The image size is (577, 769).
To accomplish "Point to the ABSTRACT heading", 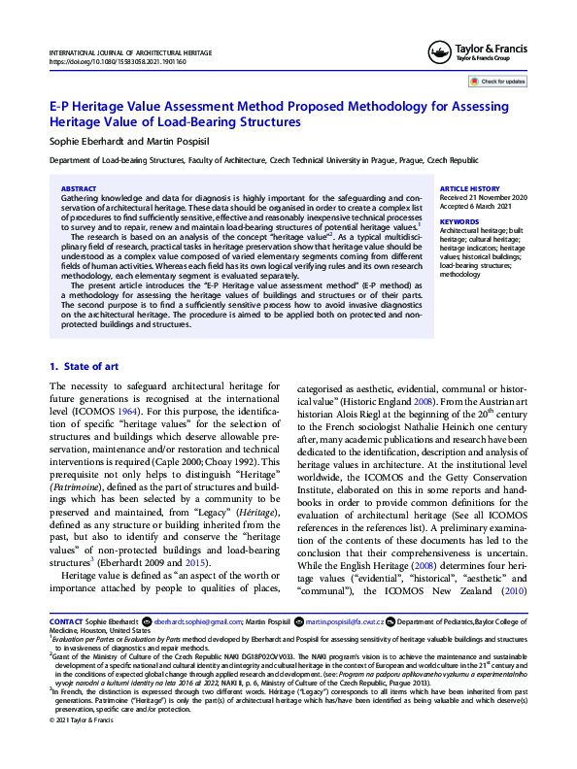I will pos(79,188).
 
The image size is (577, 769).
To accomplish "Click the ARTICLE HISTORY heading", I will pos(470,187).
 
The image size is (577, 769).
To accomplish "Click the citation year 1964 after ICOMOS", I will pos(144,413).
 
